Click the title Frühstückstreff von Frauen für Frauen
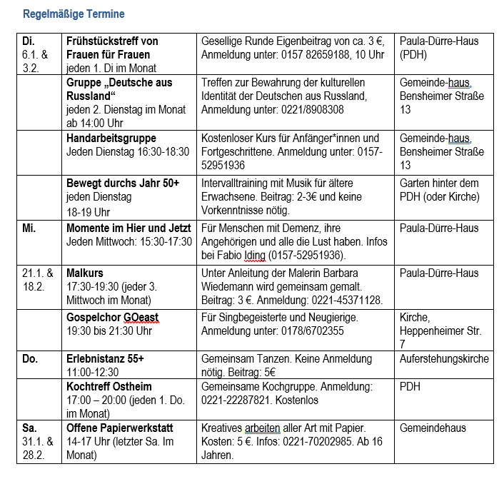[112, 48]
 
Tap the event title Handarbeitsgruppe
[111, 138]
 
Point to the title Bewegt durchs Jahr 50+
[123, 183]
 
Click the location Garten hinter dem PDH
[440, 190]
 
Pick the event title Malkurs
[85, 273]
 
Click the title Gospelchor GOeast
[113, 318]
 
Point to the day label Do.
[31, 359]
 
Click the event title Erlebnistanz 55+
[105, 359]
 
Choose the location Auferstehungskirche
[444, 359]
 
